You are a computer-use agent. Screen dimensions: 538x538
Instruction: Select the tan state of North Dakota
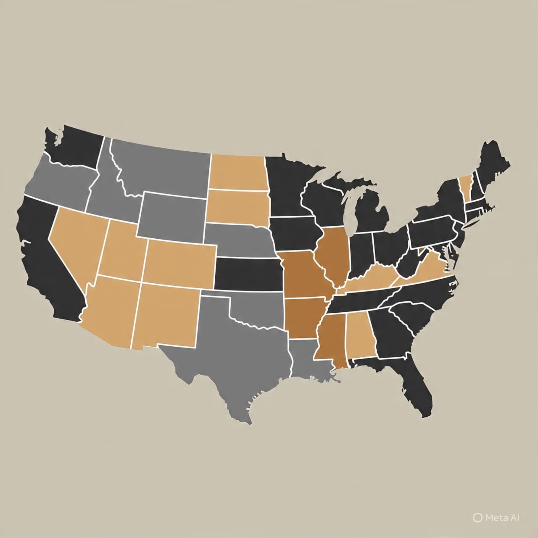(x=237, y=172)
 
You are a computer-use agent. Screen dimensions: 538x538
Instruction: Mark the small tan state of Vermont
(x=465, y=185)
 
